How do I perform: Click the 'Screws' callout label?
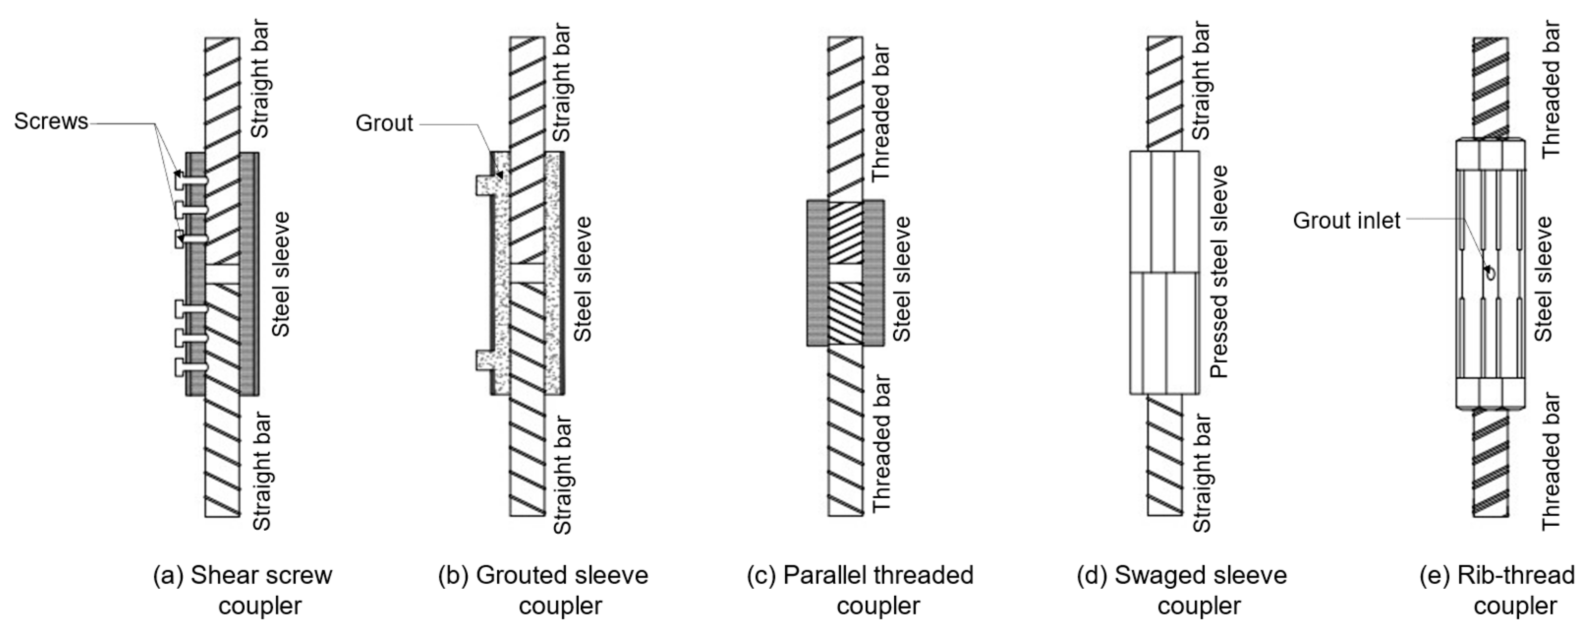tap(51, 122)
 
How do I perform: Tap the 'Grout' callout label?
tap(384, 123)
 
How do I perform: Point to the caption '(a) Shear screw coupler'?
tap(243, 590)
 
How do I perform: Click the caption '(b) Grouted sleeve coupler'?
tap(543, 590)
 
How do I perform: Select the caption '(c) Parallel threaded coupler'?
tap(860, 590)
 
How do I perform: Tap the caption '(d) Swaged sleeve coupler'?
tap(1182, 590)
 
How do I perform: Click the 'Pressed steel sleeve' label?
tap(1218, 272)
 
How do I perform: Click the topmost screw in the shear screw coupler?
tap(190, 180)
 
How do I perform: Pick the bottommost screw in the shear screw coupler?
tap(190, 367)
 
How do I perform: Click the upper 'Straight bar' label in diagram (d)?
tap(1201, 81)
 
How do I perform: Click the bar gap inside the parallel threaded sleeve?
tap(846, 273)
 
